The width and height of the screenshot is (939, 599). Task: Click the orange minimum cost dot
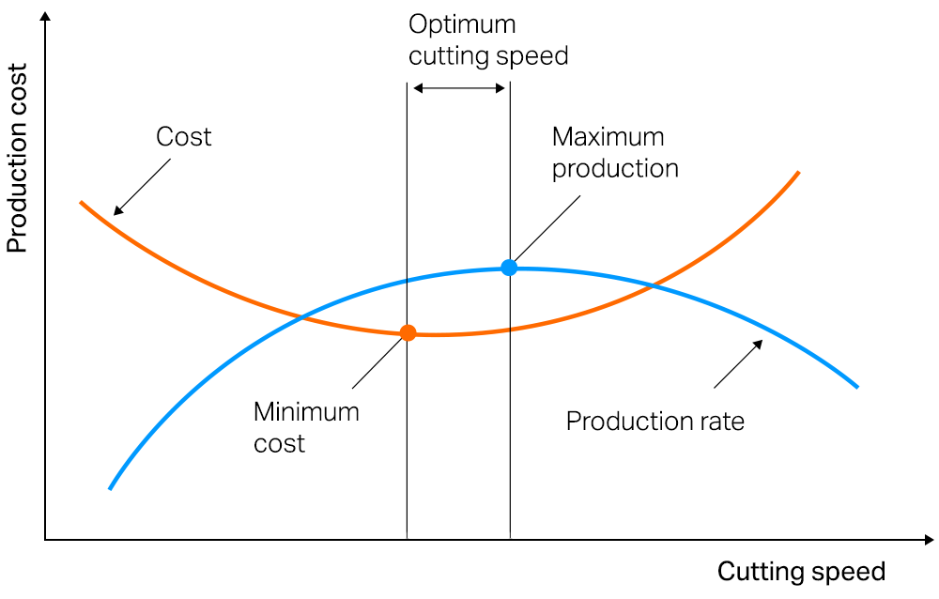click(x=408, y=332)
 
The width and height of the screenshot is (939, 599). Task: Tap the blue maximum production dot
click(x=509, y=268)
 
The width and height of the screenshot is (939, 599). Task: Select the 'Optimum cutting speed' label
click(x=488, y=40)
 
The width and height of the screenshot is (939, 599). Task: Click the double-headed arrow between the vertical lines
click(x=459, y=88)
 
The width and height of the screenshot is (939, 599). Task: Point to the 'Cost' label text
click(x=183, y=137)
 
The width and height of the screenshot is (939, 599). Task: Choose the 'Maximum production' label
click(x=614, y=152)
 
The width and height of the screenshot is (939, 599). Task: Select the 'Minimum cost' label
click(x=306, y=427)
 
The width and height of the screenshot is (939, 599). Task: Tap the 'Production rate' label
click(x=654, y=421)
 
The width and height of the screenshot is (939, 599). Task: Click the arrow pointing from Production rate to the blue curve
click(x=738, y=364)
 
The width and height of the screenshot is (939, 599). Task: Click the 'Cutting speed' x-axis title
click(x=801, y=572)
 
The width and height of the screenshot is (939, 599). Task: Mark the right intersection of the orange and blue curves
click(x=650, y=284)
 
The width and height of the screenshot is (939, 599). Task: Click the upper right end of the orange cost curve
click(x=797, y=173)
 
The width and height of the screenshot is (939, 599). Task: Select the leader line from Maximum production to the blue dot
click(x=545, y=231)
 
